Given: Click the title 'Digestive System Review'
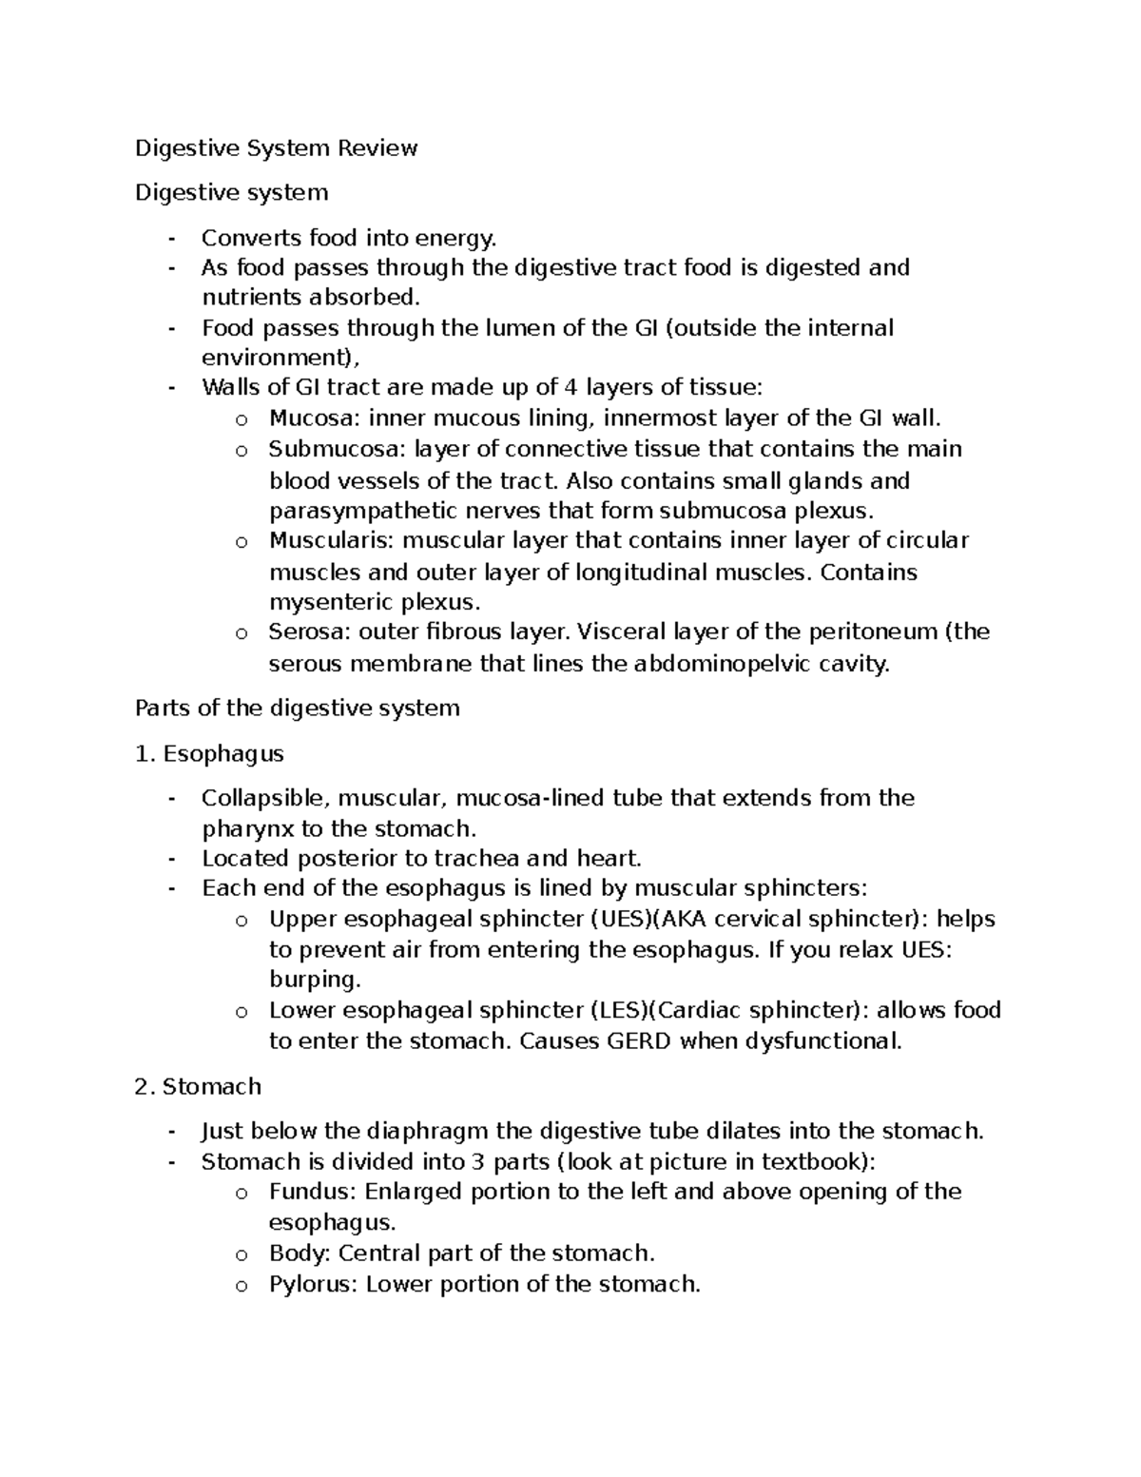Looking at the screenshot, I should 276,148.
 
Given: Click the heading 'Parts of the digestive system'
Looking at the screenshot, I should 298,709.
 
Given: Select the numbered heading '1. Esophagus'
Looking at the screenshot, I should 209,754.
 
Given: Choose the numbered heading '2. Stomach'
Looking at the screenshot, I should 198,1086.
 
